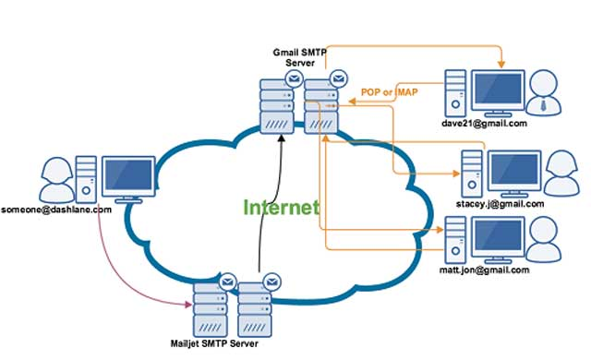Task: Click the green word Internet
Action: [282, 207]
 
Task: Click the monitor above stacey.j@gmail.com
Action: [513, 169]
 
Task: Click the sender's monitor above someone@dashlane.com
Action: [127, 176]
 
